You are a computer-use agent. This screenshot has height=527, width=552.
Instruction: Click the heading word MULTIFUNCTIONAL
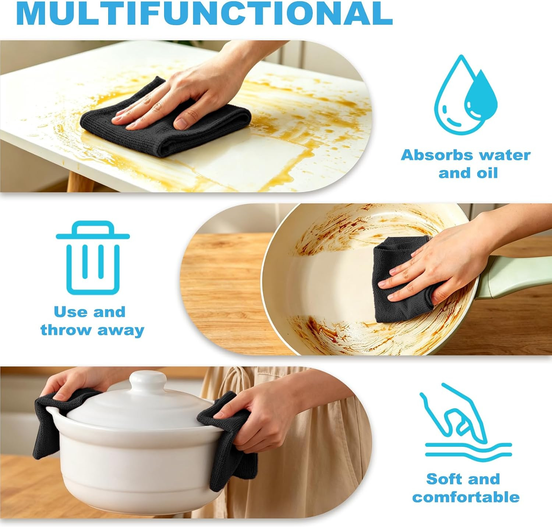point(204,13)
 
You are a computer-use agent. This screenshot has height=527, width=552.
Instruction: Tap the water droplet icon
point(466,95)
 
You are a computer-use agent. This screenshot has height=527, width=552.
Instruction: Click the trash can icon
point(93,258)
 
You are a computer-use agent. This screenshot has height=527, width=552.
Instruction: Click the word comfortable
point(466,497)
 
